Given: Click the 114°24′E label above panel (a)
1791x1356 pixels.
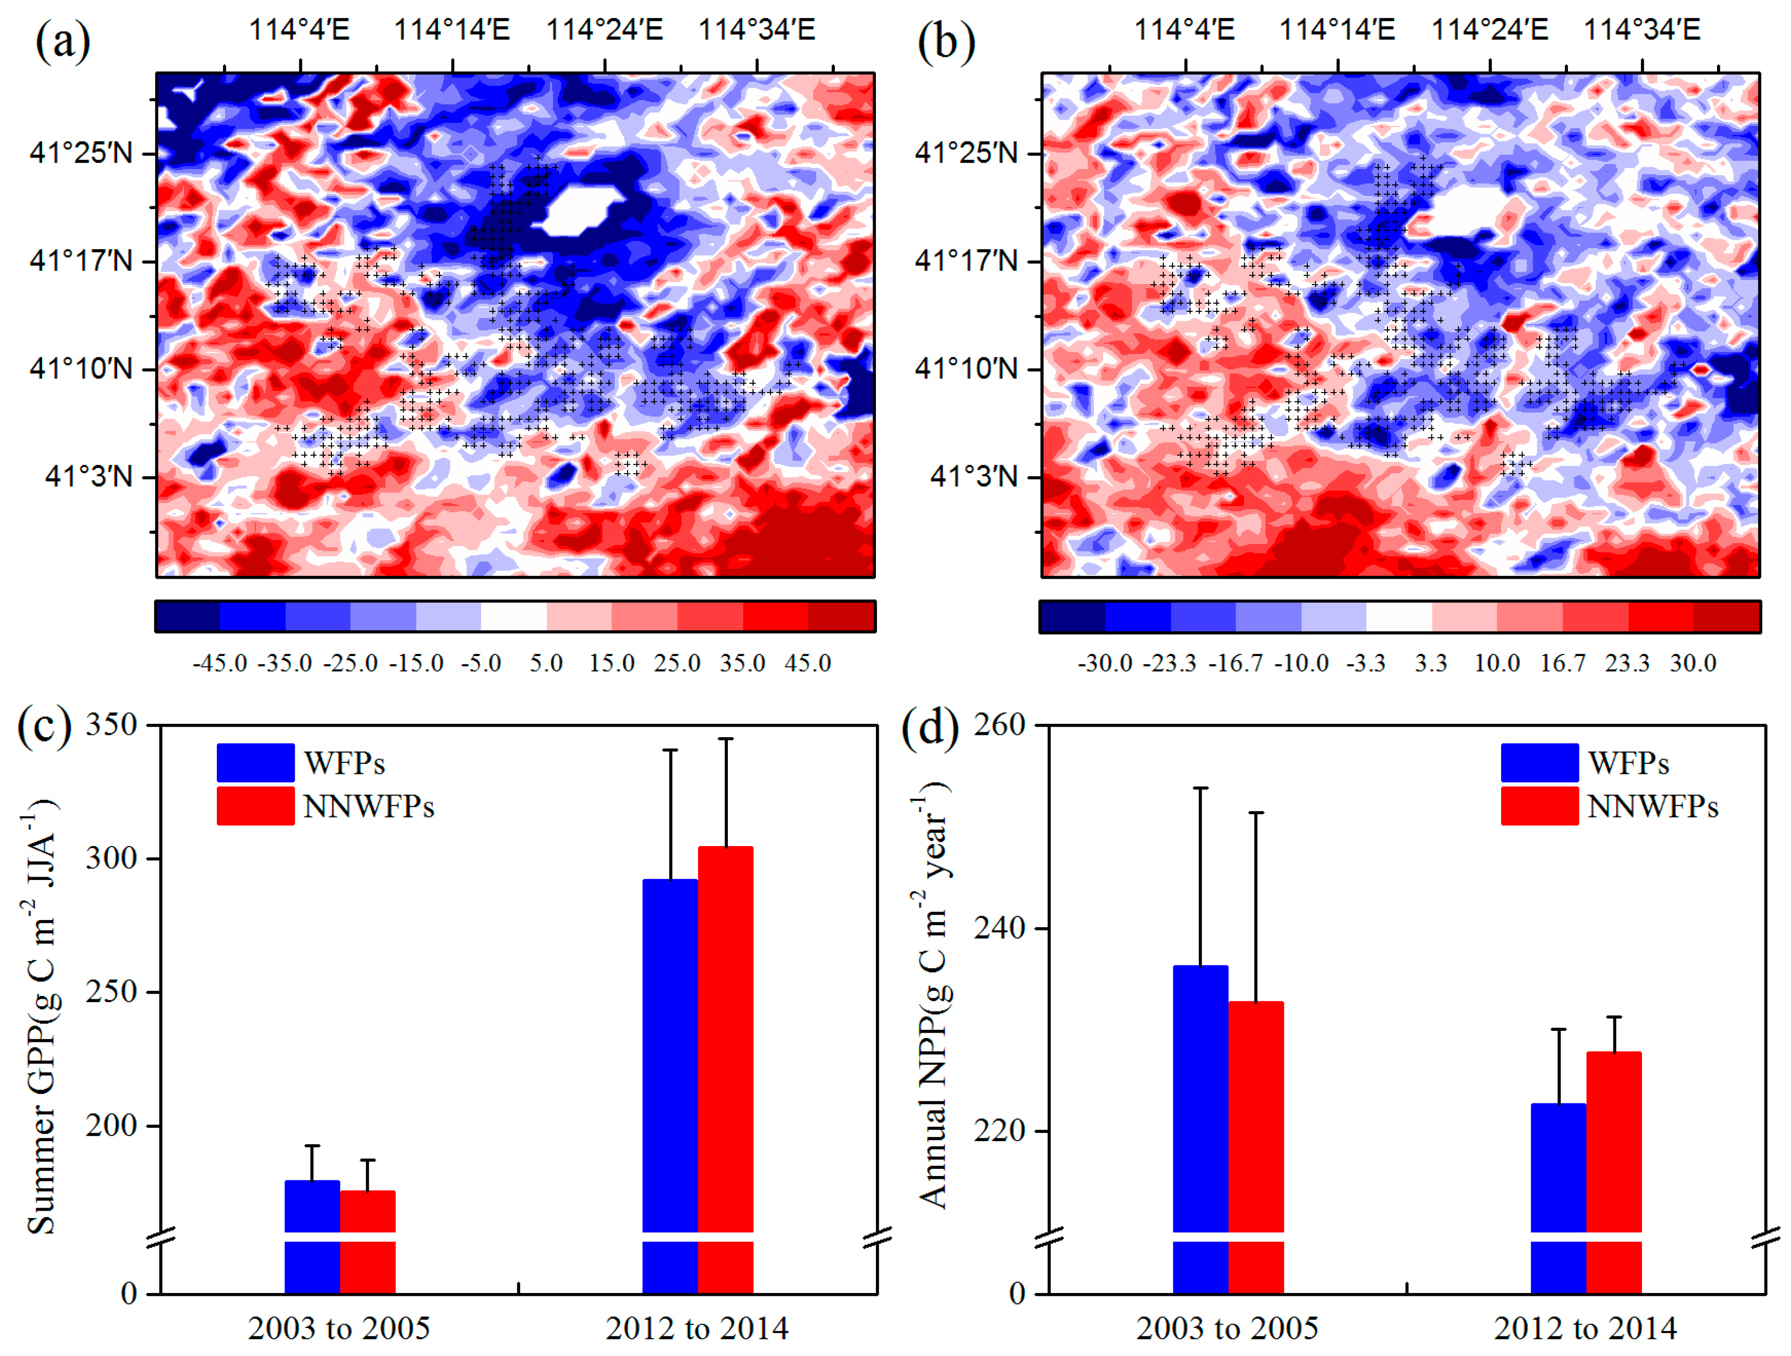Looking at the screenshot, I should [604, 30].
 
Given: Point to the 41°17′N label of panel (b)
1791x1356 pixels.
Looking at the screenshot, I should [966, 261].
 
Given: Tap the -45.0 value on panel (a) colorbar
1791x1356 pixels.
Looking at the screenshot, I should [219, 663].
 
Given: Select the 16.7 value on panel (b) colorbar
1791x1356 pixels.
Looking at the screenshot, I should [1562, 663].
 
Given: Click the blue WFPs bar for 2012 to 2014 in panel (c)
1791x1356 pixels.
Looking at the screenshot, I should [670, 1052].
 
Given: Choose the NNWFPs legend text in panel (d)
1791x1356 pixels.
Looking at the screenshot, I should [1652, 806].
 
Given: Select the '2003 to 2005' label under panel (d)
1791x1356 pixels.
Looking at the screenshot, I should [1226, 1328].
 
